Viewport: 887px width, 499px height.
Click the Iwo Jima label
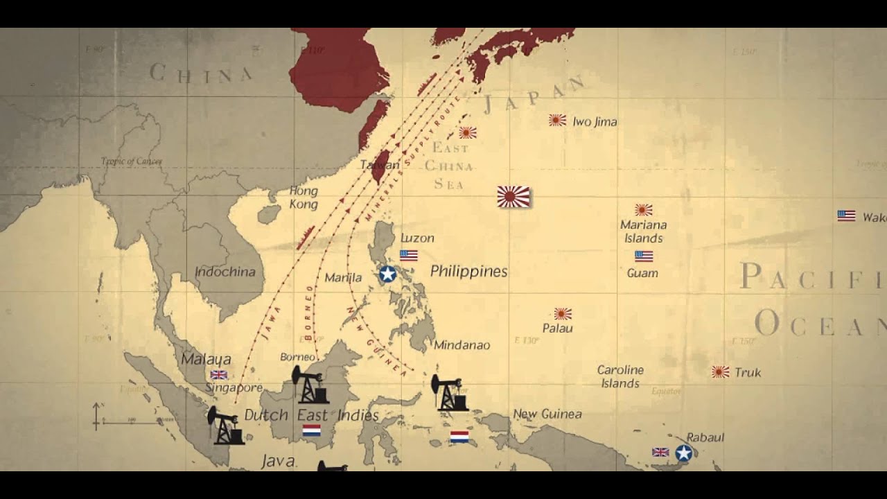click(595, 121)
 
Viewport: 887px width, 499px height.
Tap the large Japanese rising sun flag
click(513, 197)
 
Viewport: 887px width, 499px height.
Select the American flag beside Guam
click(644, 256)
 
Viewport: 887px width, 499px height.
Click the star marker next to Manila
click(387, 274)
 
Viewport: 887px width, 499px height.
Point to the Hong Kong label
click(304, 198)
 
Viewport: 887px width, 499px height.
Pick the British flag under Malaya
click(219, 375)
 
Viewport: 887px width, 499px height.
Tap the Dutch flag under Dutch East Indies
click(312, 431)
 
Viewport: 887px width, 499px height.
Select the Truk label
click(748, 372)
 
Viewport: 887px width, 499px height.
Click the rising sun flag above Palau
click(563, 313)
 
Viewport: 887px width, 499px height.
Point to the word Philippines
click(468, 271)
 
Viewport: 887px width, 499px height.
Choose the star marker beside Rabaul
click(684, 453)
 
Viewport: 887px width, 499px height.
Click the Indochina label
click(225, 272)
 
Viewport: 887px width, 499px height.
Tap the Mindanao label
click(462, 344)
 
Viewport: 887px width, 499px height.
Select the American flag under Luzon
click(409, 255)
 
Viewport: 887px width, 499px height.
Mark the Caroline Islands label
click(620, 376)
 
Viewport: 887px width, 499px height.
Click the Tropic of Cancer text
click(132, 161)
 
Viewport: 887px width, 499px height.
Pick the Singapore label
click(234, 387)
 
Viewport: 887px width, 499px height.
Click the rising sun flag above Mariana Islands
click(644, 209)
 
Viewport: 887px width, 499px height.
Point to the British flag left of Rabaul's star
click(660, 452)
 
